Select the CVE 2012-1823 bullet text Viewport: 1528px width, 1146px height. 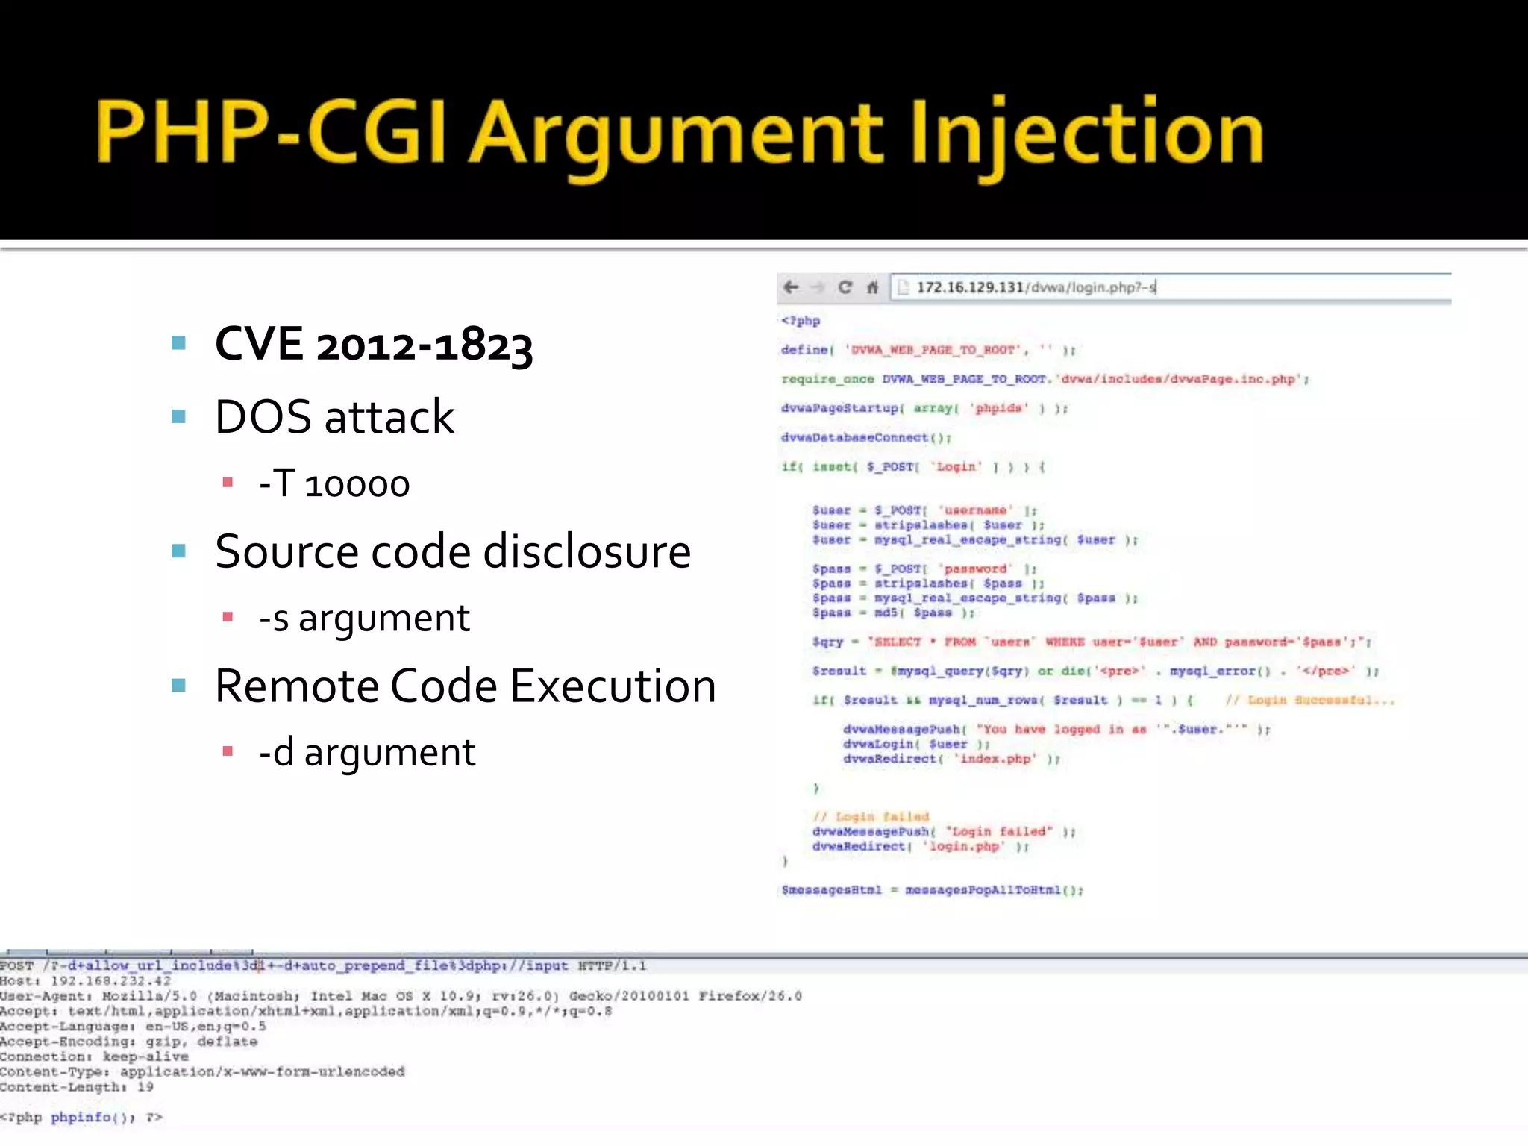[x=374, y=345]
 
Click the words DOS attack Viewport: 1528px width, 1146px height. [x=334, y=416]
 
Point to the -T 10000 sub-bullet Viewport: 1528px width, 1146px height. [x=334, y=484]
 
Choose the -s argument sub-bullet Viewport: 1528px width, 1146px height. [x=364, y=618]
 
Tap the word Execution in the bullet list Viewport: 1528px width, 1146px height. [x=613, y=686]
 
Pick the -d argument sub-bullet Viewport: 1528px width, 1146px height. [x=367, y=752]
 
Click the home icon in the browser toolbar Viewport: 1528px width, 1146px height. [x=872, y=287]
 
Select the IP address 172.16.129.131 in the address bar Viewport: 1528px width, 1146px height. [x=970, y=287]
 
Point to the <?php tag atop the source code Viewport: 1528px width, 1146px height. [x=801, y=321]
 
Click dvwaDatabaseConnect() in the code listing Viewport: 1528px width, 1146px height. [x=865, y=438]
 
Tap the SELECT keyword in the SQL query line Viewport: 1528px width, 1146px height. [x=898, y=642]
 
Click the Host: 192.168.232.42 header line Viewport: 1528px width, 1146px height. [x=86, y=981]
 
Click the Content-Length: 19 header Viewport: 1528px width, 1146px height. [x=77, y=1087]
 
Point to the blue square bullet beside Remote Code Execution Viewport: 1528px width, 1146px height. [x=178, y=686]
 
